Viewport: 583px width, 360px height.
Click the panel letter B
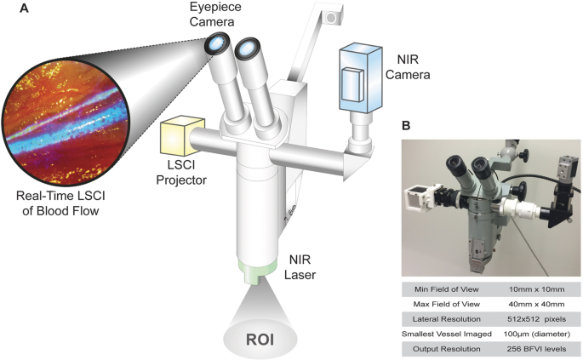407,125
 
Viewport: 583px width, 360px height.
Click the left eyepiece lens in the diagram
220,43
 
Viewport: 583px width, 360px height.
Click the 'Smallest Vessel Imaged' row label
445,334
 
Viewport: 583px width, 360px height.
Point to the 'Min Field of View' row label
445,289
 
